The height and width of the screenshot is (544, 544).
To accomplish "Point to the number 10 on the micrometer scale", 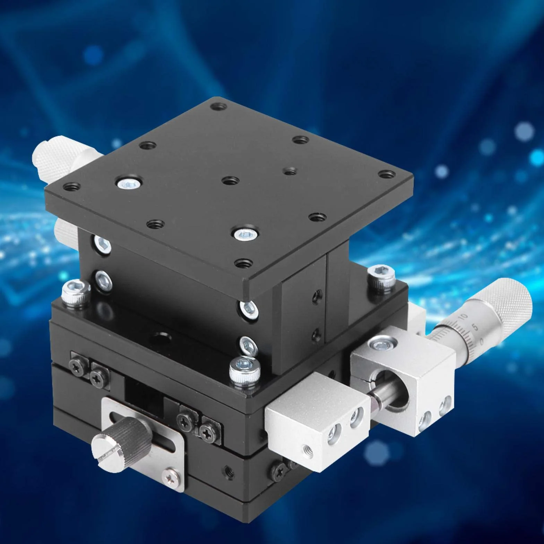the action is pyautogui.click(x=463, y=317).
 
